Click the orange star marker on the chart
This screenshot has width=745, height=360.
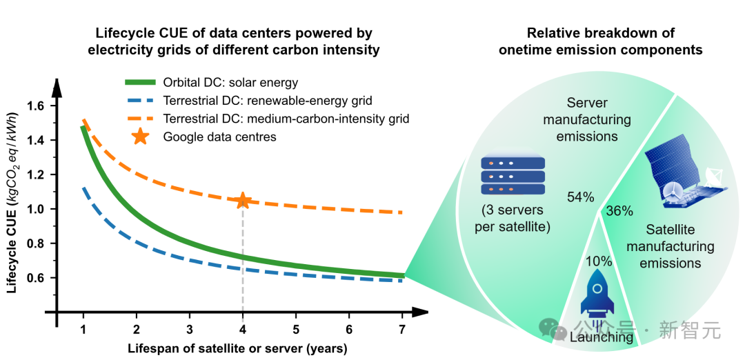pyautogui.click(x=243, y=201)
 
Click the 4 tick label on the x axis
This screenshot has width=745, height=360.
pyautogui.click(x=243, y=330)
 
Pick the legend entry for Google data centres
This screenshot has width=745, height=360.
pyautogui.click(x=219, y=137)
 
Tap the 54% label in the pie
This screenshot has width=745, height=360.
pyautogui.click(x=580, y=197)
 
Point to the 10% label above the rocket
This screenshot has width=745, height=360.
pyautogui.click(x=598, y=261)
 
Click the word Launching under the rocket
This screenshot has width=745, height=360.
pyautogui.click(x=602, y=337)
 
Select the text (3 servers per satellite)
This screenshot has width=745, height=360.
pyautogui.click(x=513, y=218)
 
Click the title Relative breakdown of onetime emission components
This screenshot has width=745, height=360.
pyautogui.click(x=600, y=41)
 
